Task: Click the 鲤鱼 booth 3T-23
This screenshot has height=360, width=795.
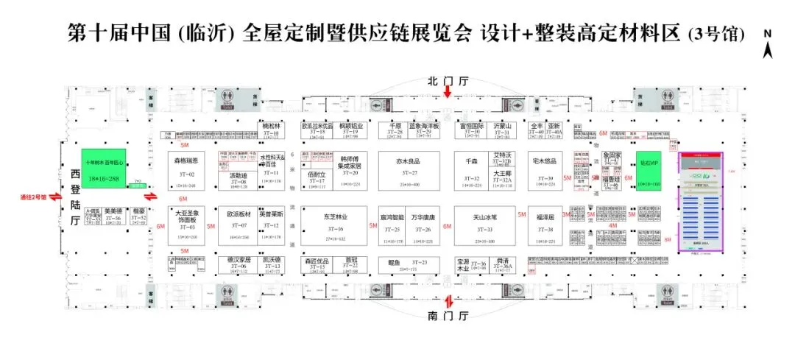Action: click(x=409, y=266)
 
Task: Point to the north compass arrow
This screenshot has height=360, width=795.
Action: click(x=768, y=50)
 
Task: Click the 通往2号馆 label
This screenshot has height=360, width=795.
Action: click(x=34, y=197)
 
